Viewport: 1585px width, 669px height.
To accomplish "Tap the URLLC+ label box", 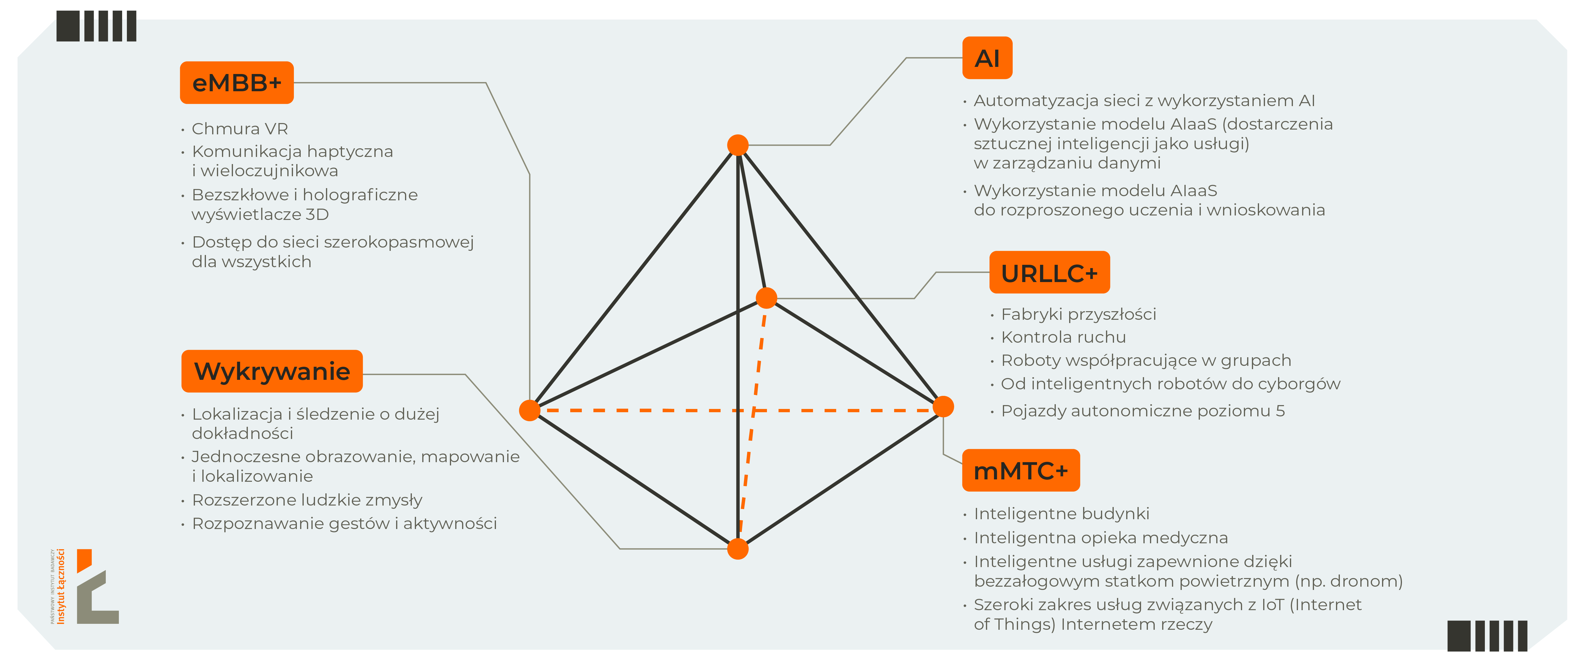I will [1049, 273].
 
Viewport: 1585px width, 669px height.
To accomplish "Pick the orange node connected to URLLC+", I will [766, 298].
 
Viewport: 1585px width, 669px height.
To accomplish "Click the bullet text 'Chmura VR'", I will [240, 129].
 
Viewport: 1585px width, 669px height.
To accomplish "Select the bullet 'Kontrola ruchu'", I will [1063, 337].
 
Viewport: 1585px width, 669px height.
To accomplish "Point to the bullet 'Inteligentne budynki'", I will [1061, 513].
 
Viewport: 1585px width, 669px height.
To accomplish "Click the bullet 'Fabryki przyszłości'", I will [1078, 314].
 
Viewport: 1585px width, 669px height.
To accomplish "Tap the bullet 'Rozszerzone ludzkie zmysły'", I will [307, 500].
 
